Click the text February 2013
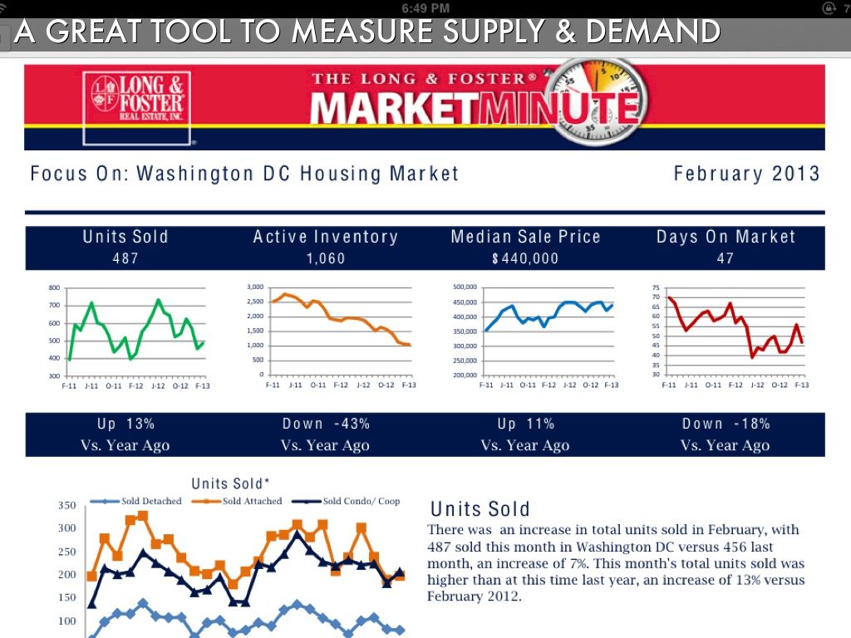coord(746,174)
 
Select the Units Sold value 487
coord(125,258)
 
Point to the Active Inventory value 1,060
coord(326,258)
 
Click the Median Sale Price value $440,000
coord(525,258)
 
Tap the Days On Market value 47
coord(726,258)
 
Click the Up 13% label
coord(125,424)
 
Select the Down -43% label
coord(326,424)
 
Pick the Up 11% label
coord(525,424)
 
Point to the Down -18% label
coord(726,424)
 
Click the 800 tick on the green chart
coord(55,287)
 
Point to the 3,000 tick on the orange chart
coord(255,287)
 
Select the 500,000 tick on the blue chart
coord(465,287)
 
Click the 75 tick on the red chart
coord(656,287)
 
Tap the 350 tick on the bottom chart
coord(66,505)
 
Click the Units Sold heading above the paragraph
coord(480,508)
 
